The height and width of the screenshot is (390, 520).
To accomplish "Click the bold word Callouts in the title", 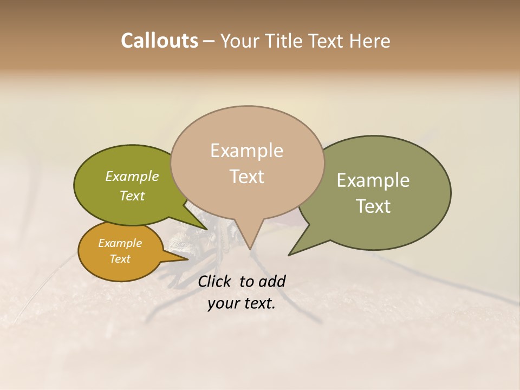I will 159,41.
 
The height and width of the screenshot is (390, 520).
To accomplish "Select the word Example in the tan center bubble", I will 246,151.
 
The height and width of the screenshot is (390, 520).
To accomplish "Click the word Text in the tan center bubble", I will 246,177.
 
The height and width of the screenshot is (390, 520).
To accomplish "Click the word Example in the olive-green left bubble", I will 132,176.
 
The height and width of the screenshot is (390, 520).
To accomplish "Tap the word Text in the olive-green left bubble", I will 132,196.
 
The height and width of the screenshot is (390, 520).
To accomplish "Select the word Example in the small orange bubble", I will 120,243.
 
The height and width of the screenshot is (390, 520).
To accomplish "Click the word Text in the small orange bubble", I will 120,259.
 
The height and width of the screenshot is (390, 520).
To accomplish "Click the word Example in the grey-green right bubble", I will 373,180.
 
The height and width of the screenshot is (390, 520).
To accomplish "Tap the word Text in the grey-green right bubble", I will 373,206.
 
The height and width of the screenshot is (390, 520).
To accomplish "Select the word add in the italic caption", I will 272,281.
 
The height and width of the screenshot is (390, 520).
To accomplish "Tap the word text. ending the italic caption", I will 259,304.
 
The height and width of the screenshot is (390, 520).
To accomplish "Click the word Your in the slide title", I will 238,41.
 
